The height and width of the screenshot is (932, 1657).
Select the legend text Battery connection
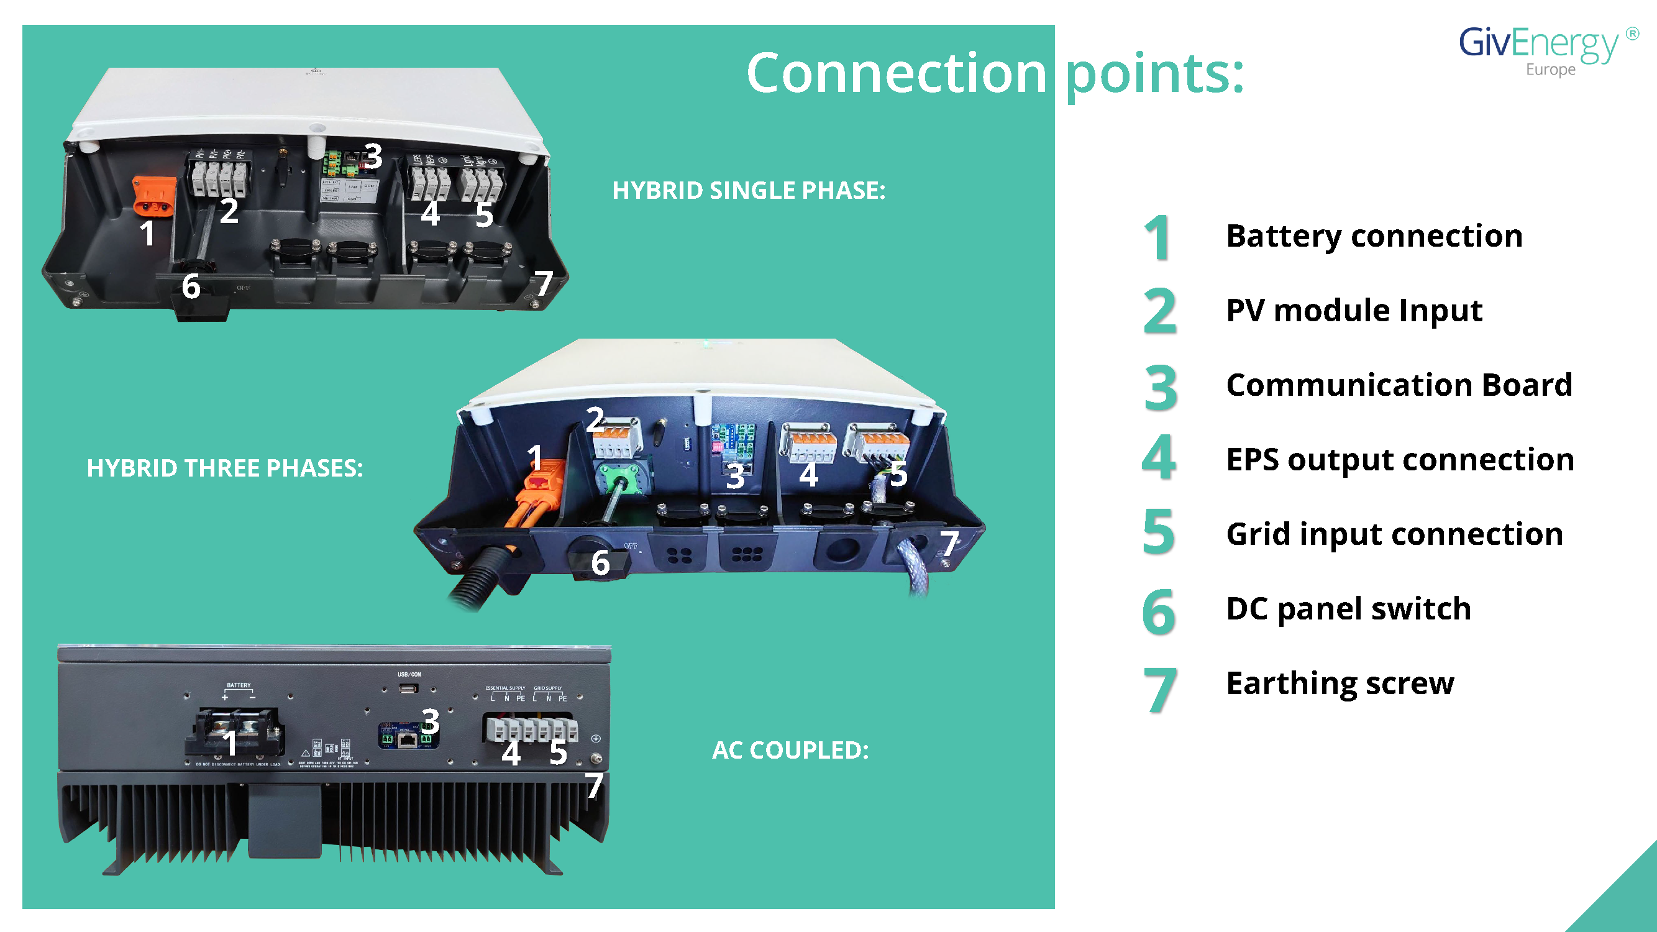pos(1374,236)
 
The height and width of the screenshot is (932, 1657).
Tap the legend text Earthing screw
pos(1340,683)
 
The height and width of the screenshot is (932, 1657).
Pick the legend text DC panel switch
pos(1348,608)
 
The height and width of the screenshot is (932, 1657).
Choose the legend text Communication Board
pos(1399,385)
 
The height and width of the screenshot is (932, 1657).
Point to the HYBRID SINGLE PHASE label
pos(748,190)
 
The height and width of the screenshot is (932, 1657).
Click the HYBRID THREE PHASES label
pos(224,468)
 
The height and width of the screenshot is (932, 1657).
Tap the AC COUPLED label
pos(790,750)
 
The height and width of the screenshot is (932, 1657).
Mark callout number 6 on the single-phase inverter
pos(191,286)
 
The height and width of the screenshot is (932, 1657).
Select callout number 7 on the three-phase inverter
pos(949,544)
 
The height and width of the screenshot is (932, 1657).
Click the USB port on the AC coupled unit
pos(408,689)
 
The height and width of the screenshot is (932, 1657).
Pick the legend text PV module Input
pos(1354,310)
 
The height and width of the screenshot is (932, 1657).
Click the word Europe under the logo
pos(1550,70)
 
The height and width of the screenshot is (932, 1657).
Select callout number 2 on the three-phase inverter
pos(595,419)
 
